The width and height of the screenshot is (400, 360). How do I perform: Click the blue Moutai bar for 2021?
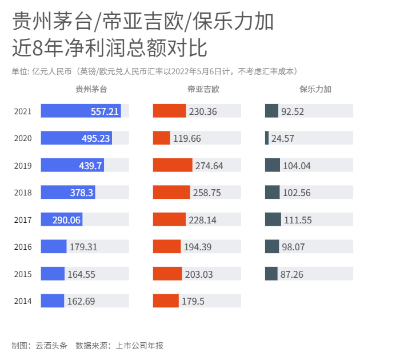point(81,111)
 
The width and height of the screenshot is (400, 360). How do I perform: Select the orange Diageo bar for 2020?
point(161,138)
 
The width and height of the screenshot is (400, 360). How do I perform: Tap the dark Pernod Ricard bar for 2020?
point(267,138)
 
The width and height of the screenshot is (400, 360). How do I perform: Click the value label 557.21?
point(105,111)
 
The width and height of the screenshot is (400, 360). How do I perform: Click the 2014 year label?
point(23,301)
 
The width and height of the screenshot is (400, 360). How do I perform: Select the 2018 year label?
point(23,193)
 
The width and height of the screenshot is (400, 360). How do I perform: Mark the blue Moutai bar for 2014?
point(52,301)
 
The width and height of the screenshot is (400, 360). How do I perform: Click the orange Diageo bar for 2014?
point(166,301)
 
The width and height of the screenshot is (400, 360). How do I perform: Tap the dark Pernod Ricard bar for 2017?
point(273,219)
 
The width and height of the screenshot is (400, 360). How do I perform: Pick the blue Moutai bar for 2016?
point(54,246)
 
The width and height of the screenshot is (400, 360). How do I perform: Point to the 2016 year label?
point(23,247)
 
